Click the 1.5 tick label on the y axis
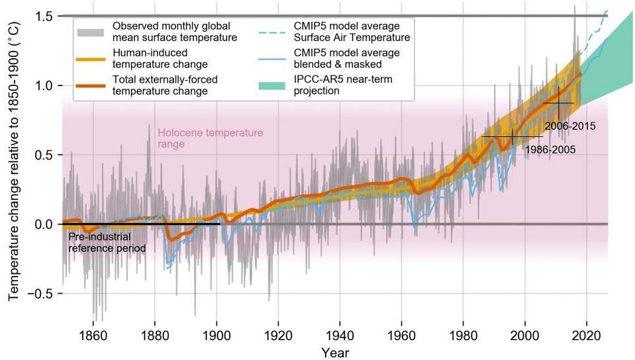(x=44, y=17)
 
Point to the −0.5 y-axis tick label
(x=40, y=294)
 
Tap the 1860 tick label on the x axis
(x=93, y=336)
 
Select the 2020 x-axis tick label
(x=587, y=336)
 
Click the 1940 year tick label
(x=340, y=336)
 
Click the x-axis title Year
(x=335, y=352)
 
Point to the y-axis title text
(x=14, y=161)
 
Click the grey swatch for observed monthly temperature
(x=91, y=32)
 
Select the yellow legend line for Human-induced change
(x=91, y=59)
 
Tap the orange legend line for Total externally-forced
(x=91, y=86)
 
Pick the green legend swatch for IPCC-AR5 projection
(x=271, y=85)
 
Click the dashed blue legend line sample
(x=271, y=32)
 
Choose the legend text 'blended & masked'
(x=338, y=64)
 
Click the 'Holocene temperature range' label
(x=210, y=138)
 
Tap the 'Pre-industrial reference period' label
(x=107, y=242)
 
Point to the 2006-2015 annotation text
(x=570, y=126)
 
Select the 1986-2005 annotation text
(x=550, y=150)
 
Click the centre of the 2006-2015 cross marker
(x=559, y=103)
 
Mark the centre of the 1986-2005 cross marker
(x=513, y=137)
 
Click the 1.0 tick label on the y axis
(x=44, y=86)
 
